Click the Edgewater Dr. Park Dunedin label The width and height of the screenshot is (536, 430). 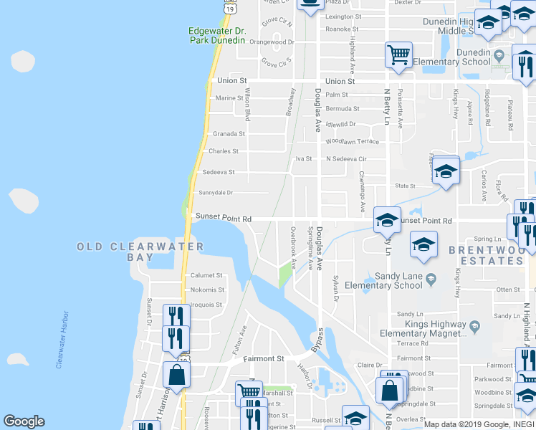pos(217,36)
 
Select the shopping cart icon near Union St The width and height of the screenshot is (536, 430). pos(398,54)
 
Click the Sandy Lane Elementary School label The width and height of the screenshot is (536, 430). pos(399,280)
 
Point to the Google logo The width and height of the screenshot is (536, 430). pos(24,421)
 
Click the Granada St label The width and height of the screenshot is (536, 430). pos(229,134)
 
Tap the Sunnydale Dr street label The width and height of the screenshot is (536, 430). pos(216,193)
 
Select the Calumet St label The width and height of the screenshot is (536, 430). pos(207,276)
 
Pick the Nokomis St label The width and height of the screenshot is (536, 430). pos(207,290)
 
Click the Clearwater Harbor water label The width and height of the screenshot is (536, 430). pos(63,340)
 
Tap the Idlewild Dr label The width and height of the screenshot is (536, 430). pos(340,124)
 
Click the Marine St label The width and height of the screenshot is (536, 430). pos(230,98)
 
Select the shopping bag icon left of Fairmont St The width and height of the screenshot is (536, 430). pos(176,374)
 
